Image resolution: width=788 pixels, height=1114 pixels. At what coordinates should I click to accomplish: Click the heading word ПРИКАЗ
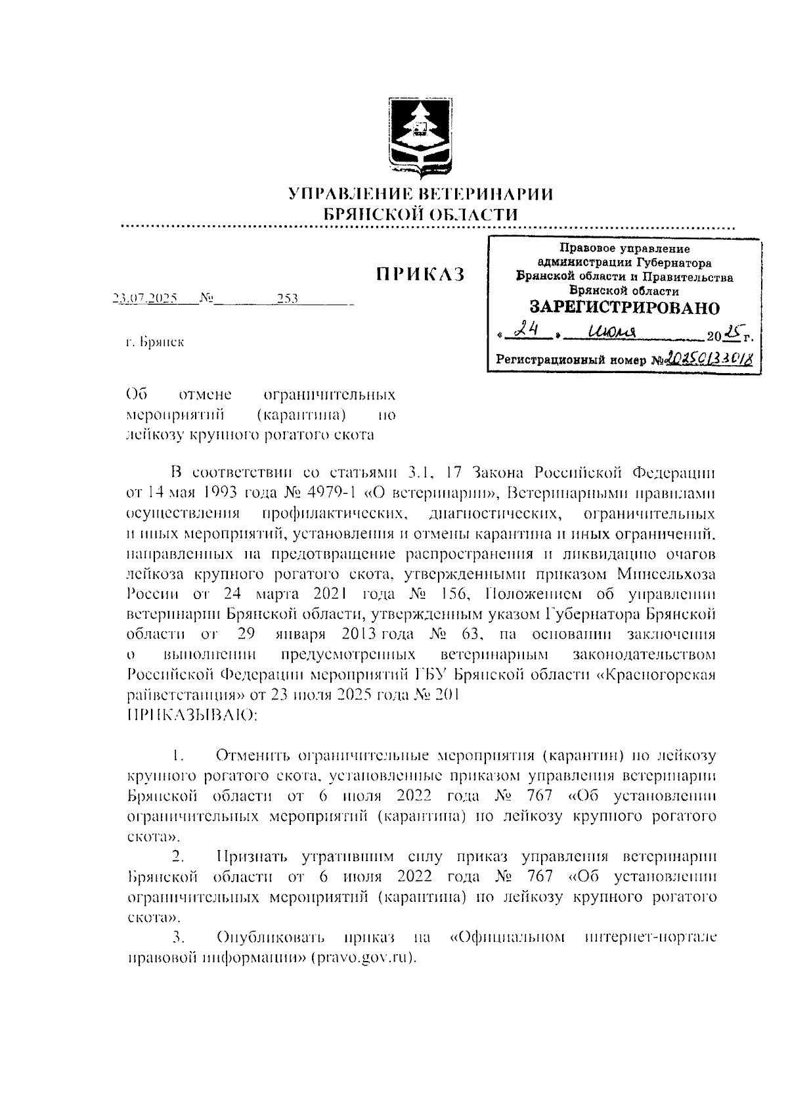click(x=420, y=275)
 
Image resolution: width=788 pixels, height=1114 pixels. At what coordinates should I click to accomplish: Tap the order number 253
click(x=287, y=299)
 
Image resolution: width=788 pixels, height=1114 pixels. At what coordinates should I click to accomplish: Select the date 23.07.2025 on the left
click(x=145, y=299)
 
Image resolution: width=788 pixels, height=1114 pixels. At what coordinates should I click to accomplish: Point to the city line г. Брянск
click(x=156, y=342)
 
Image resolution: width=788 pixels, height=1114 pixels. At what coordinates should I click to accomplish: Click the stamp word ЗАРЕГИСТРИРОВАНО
click(x=624, y=307)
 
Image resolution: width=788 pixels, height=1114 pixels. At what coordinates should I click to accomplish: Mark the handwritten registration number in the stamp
click(x=709, y=359)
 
